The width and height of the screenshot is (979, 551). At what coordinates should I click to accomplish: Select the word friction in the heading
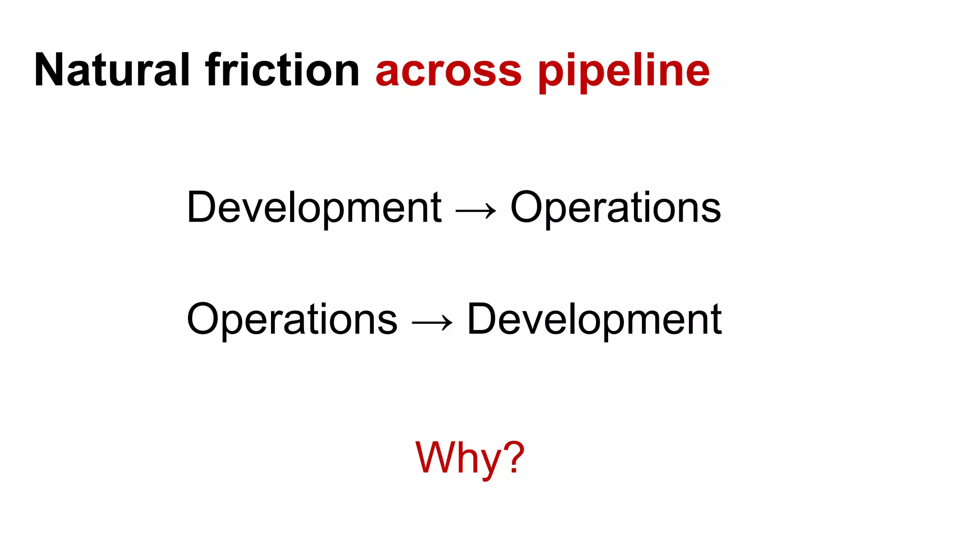click(282, 70)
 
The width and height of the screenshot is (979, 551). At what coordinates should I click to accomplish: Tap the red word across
click(448, 72)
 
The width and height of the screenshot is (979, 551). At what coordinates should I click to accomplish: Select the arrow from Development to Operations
click(476, 210)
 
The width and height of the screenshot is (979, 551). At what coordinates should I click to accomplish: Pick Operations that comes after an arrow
click(616, 208)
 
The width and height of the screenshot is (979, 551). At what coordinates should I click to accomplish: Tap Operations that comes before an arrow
click(292, 320)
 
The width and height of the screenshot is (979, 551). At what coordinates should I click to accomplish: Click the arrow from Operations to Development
click(432, 322)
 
